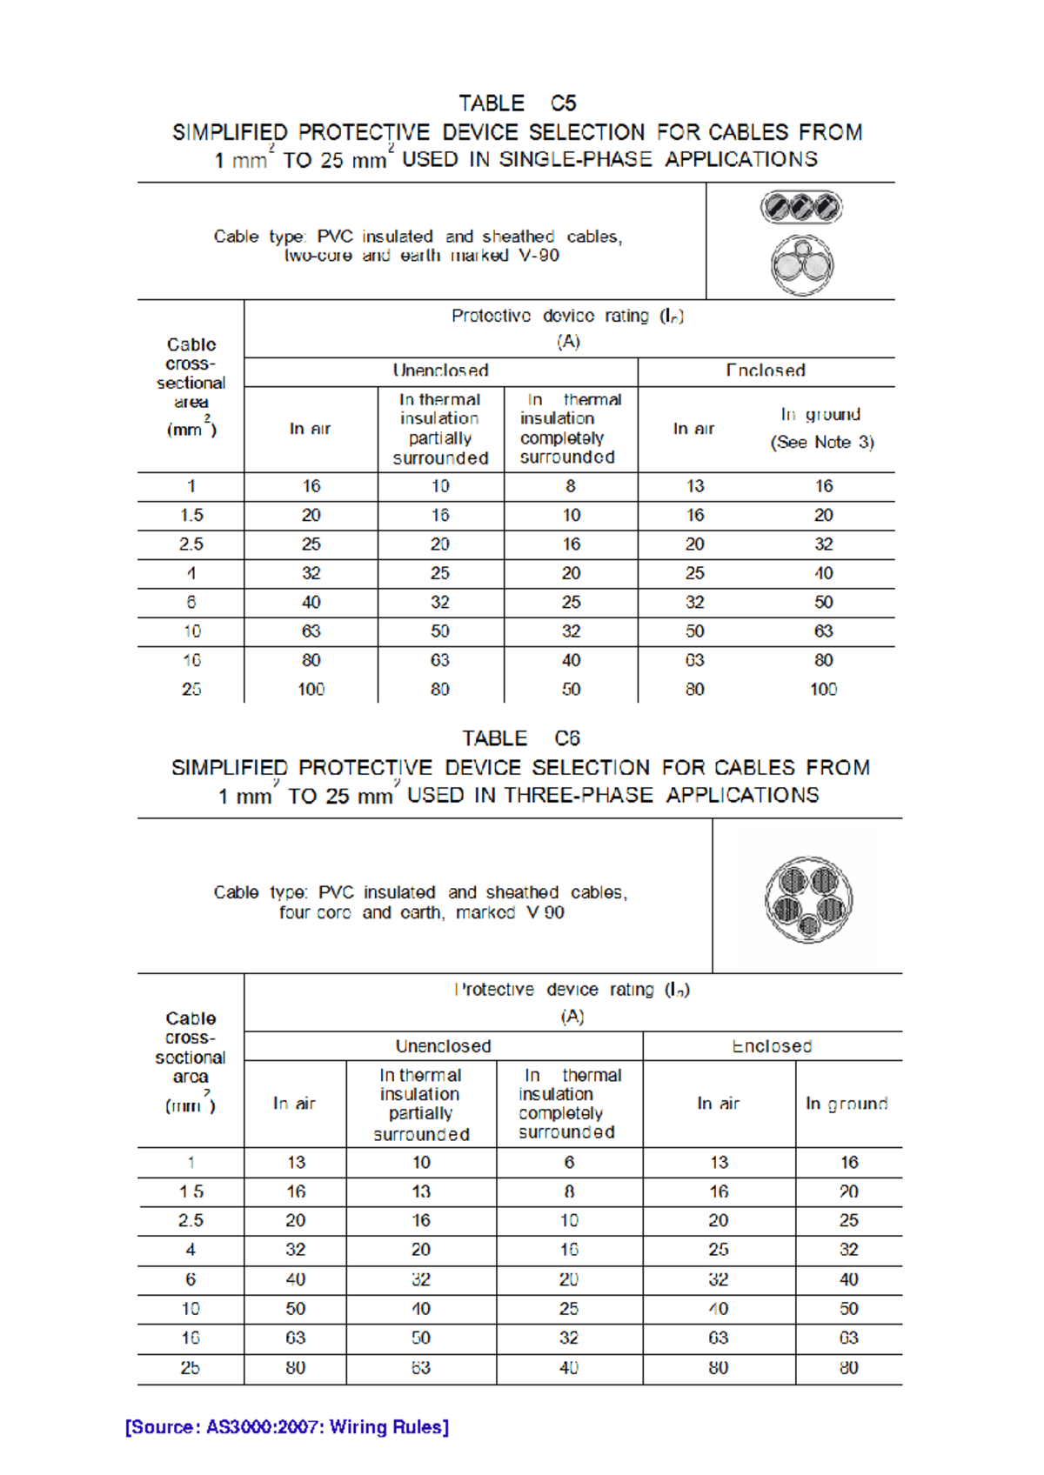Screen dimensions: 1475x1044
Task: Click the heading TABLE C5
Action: pos(517,103)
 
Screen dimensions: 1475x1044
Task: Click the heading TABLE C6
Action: pos(520,738)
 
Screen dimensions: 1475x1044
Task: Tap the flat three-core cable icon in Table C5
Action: pos(801,207)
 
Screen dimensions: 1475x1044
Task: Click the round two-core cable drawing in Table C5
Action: pos(801,264)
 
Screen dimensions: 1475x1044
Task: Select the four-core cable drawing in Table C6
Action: pos(808,899)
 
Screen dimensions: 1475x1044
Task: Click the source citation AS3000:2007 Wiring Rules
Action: pos(287,1427)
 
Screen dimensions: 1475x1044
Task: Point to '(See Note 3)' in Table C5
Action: pos(822,442)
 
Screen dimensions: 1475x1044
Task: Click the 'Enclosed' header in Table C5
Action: pos(766,370)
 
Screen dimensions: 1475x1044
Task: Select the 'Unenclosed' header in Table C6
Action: pos(443,1045)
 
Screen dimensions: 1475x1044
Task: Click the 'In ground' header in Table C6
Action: pos(847,1103)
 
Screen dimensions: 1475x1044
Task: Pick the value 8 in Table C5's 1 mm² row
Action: pos(571,486)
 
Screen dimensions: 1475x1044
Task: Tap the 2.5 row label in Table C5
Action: pos(191,544)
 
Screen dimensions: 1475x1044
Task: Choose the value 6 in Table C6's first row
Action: pos(569,1162)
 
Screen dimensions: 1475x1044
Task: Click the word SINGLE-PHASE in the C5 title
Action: pos(575,160)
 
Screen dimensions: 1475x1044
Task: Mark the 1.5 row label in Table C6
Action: pos(191,1191)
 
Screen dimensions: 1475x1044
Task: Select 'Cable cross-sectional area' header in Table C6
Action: pos(191,1061)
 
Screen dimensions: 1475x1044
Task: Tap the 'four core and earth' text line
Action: pos(421,912)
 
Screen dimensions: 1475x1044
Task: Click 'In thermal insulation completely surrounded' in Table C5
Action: pos(570,428)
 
